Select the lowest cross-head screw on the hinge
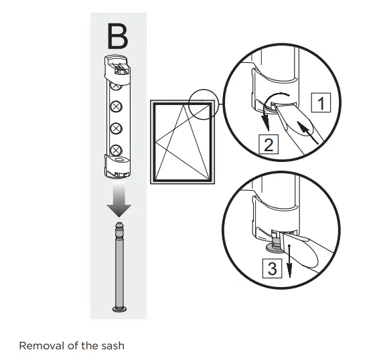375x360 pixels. (116, 149)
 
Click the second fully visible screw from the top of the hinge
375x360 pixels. (116, 106)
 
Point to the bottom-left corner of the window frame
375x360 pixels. (154, 181)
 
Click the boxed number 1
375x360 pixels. (322, 104)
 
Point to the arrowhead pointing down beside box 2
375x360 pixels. (265, 126)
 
